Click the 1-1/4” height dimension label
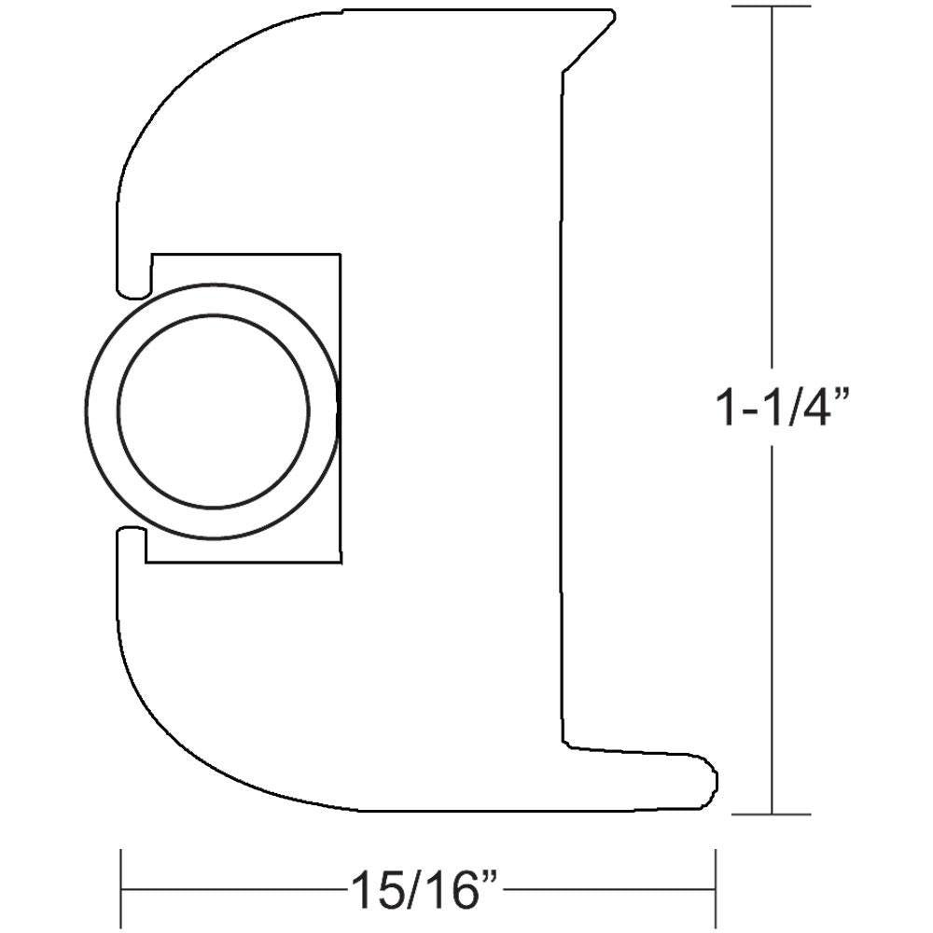(783, 409)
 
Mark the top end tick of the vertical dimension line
(771, 7)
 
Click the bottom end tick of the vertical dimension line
(771, 814)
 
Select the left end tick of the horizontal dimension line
(121, 889)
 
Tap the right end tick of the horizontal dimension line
(715, 889)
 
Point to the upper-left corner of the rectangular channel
(150, 253)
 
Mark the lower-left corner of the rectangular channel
(147, 563)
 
